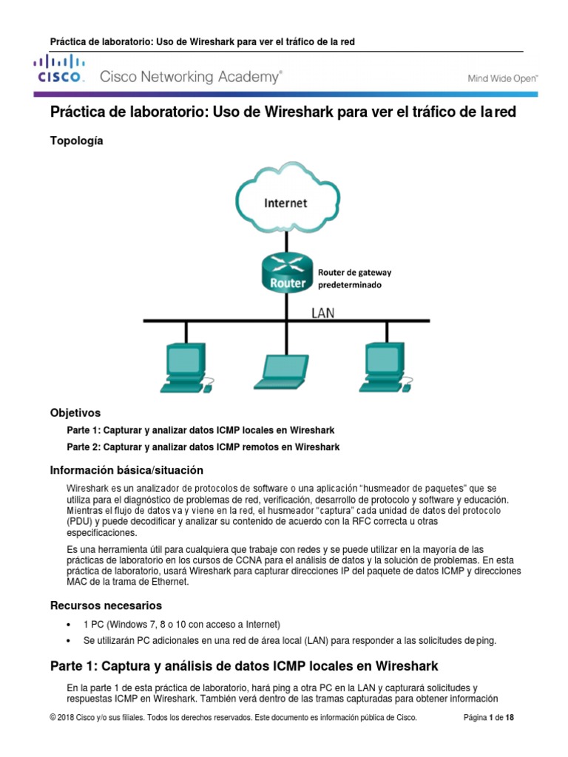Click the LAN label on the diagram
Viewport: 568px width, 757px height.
[322, 313]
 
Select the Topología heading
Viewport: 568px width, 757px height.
[76, 140]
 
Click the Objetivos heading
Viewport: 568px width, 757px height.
[75, 413]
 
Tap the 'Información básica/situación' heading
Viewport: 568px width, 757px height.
[126, 470]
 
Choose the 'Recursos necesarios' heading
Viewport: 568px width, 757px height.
[106, 605]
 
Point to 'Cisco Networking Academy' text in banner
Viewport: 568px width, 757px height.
[190, 76]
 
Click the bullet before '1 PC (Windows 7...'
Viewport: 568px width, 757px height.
[69, 624]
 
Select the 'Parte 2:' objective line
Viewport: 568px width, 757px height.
[203, 447]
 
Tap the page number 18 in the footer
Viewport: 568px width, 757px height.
[510, 717]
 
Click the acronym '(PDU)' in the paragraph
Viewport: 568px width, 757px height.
[80, 521]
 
